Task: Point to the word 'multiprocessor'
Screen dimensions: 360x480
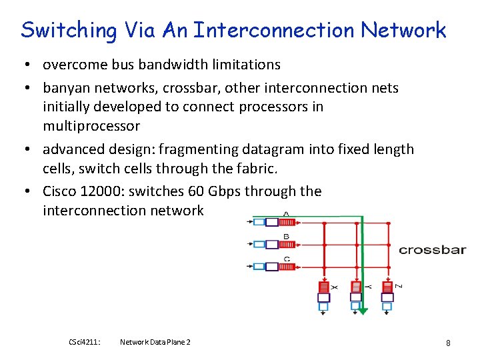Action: [x=91, y=126]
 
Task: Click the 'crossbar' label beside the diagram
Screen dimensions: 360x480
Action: [x=432, y=250]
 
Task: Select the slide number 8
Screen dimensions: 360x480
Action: [x=448, y=343]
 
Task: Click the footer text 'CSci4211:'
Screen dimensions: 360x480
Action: [x=85, y=342]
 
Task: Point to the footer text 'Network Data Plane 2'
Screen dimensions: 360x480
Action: [x=155, y=342]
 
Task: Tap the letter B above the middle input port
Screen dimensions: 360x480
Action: [x=286, y=236]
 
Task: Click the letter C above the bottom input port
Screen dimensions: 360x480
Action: [x=286, y=259]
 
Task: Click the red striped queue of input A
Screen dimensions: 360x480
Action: [x=288, y=222]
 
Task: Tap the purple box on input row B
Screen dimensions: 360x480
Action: [x=271, y=244]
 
